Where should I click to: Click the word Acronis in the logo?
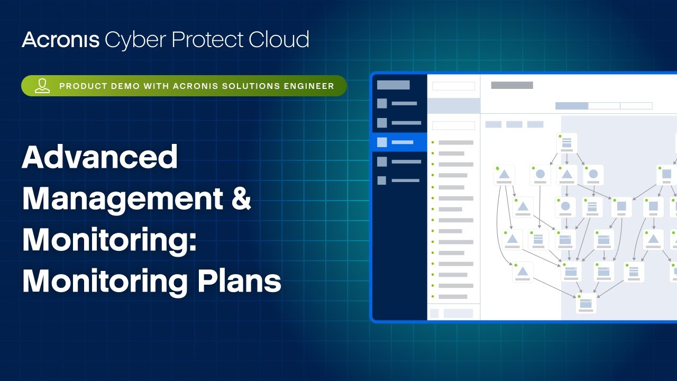(60, 40)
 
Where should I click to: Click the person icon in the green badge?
(42, 86)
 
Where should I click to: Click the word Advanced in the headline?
(99, 157)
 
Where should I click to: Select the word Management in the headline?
(122, 198)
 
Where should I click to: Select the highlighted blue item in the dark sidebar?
(400, 142)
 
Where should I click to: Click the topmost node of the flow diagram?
(566, 143)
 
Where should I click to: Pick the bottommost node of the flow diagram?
(585, 304)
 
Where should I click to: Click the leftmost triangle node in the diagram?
(504, 175)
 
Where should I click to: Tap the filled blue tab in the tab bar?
(571, 106)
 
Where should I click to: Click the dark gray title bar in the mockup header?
(511, 85)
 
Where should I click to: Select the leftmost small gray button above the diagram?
(493, 124)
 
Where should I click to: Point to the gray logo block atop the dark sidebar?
(393, 85)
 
